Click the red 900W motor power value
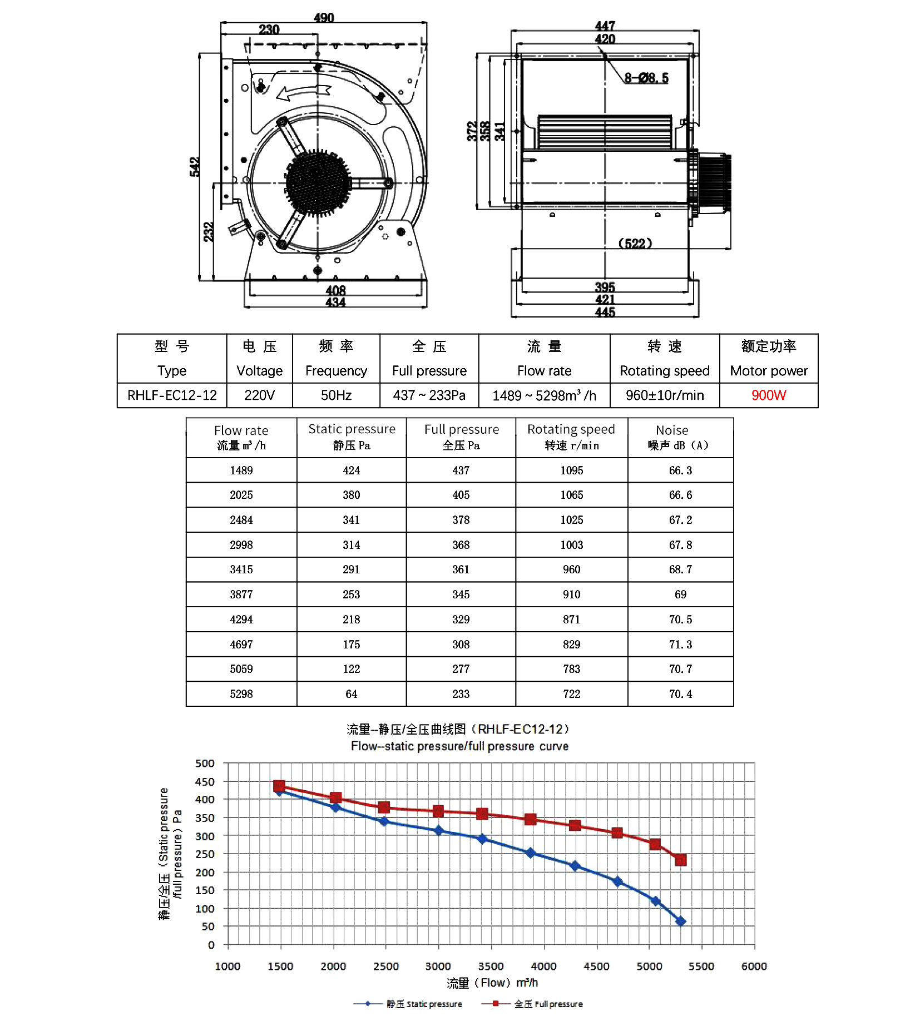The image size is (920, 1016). coord(768,395)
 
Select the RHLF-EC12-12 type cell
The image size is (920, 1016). coord(172,395)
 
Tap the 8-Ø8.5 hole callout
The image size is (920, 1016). coord(646,78)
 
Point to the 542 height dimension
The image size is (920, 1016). coord(194,167)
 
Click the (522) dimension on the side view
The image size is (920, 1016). coord(635,244)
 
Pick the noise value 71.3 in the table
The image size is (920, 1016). coord(680,645)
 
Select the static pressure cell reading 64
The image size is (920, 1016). coord(352,694)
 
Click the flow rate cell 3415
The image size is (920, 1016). coord(241,569)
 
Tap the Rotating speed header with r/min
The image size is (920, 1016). coord(571,437)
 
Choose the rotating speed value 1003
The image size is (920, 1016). coord(571,545)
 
